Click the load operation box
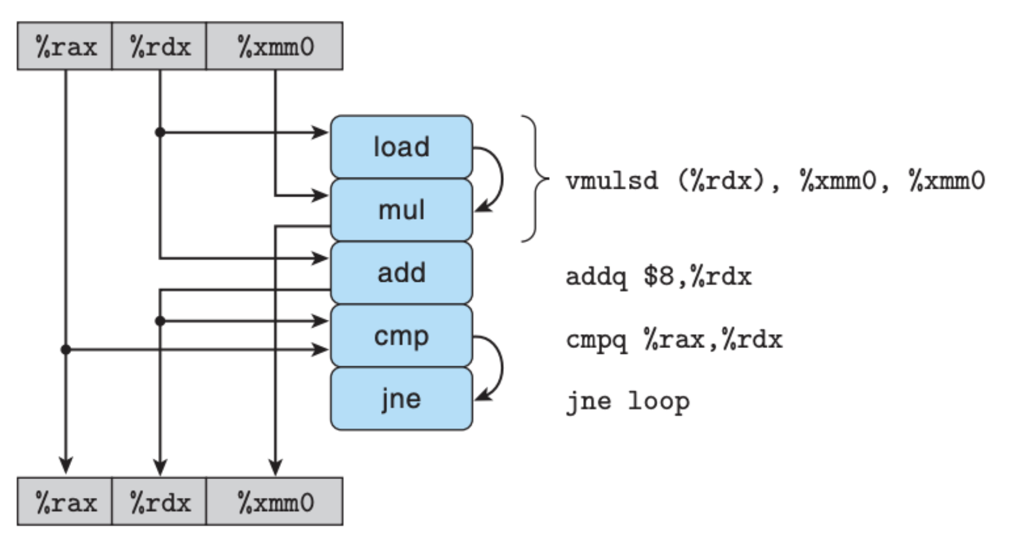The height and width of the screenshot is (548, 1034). point(401,147)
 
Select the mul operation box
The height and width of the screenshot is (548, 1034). point(401,210)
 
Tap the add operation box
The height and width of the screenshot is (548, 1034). point(401,273)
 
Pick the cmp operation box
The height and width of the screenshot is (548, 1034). point(401,335)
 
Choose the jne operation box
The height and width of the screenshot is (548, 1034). point(401,398)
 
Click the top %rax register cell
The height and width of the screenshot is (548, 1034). point(64,46)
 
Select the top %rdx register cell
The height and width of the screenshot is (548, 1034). point(159,46)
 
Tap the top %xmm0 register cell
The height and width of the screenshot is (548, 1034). point(274,46)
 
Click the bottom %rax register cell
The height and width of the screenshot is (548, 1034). point(64,502)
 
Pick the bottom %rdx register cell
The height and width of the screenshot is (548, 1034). point(159,502)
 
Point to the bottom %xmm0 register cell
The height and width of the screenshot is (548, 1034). point(274,502)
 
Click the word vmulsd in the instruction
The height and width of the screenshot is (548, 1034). point(612,180)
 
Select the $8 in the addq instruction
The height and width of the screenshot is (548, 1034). point(659,276)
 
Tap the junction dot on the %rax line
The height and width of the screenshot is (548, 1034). point(66,349)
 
